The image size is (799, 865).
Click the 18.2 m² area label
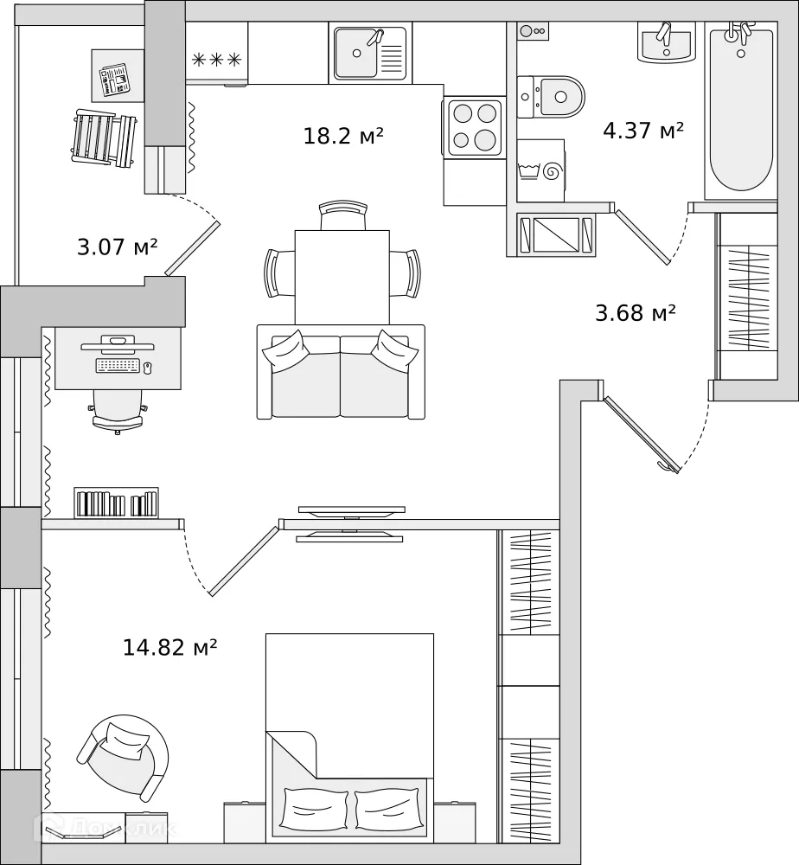tap(343, 136)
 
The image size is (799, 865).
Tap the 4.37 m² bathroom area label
tap(643, 131)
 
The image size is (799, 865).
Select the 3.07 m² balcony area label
tap(118, 247)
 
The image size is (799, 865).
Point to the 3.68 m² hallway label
tap(635, 312)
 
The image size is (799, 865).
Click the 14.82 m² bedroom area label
tap(169, 646)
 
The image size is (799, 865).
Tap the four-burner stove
tap(475, 127)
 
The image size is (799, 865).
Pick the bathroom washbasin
tap(666, 42)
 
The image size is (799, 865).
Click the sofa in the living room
tap(341, 374)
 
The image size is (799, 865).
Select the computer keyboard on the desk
tap(118, 366)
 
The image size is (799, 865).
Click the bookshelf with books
tap(116, 503)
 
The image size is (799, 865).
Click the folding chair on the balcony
tap(104, 136)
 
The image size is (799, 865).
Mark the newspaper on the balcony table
tap(113, 79)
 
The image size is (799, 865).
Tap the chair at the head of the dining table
tap(342, 215)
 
